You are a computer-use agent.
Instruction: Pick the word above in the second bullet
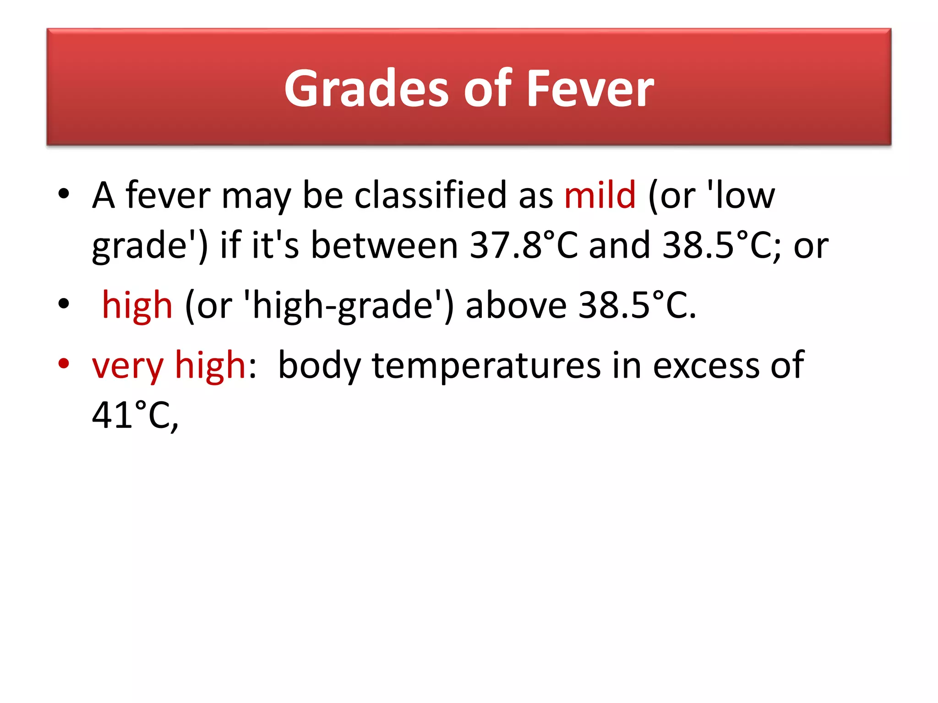(516, 305)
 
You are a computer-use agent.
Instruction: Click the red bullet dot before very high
(64, 363)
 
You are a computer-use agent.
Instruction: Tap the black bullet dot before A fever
(64, 194)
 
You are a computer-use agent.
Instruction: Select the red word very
(127, 366)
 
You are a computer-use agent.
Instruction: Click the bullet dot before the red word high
(64, 303)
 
